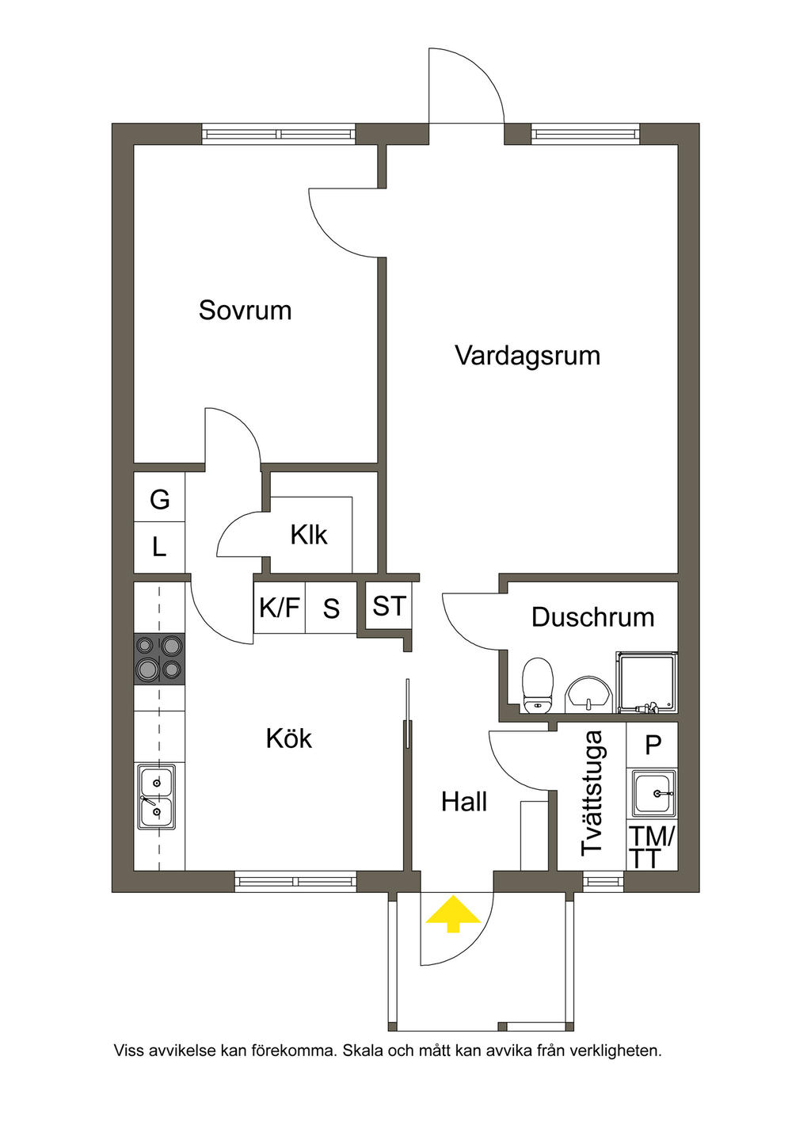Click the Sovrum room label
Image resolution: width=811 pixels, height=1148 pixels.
point(245,310)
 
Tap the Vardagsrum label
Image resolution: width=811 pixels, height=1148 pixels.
point(527,355)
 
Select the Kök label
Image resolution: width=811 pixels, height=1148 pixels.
point(288,738)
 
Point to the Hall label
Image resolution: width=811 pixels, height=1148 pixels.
point(464,802)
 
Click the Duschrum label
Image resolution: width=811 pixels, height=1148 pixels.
point(592,617)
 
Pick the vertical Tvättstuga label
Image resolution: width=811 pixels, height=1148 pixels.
point(592,792)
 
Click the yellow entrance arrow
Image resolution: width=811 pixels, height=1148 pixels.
point(453,913)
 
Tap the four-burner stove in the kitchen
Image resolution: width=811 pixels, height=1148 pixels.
point(159,658)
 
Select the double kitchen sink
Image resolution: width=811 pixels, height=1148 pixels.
point(156,796)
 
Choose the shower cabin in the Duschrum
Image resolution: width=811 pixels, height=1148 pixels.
point(647,681)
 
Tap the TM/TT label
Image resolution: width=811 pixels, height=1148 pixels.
point(651,847)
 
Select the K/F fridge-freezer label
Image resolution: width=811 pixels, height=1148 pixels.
point(280,608)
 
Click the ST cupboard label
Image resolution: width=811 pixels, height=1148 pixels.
point(389,606)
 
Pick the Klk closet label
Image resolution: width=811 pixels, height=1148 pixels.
point(308,535)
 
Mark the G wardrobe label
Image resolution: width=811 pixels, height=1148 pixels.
point(160,499)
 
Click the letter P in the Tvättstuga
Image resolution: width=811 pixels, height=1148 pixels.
point(653,745)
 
